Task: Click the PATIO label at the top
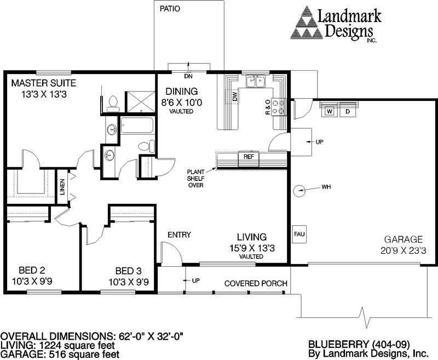pyautogui.click(x=170, y=9)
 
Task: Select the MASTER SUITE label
pyautogui.click(x=44, y=83)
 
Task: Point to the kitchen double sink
pyautogui.click(x=256, y=82)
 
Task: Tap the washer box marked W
pyautogui.click(x=330, y=111)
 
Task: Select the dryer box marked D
pyautogui.click(x=347, y=111)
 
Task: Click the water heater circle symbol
pyautogui.click(x=299, y=190)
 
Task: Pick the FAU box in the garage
pyautogui.click(x=299, y=235)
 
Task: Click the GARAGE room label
pyautogui.click(x=403, y=239)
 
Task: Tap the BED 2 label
pyautogui.click(x=31, y=271)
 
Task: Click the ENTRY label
pyautogui.click(x=179, y=235)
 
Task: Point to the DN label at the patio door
pyautogui.click(x=188, y=77)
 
